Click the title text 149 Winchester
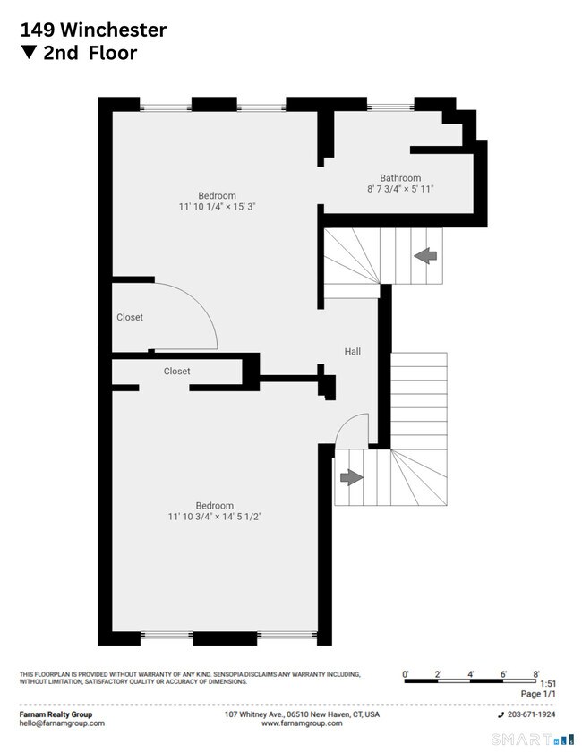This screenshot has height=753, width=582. tap(93, 30)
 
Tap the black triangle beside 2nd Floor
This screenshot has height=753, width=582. tap(29, 52)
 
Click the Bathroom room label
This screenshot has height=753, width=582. tap(400, 177)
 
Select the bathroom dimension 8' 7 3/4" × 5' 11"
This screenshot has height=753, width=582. tap(400, 189)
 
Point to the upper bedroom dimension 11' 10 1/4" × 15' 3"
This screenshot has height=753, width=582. tap(217, 207)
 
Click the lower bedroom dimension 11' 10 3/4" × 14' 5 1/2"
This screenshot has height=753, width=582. tap(215, 517)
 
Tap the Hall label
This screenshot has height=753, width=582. tap(353, 352)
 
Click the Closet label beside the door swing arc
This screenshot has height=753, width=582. tap(130, 317)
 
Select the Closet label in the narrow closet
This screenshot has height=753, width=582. tap(176, 372)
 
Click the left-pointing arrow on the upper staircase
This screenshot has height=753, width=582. tap(425, 256)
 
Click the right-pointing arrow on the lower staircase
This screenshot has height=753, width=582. tap(352, 477)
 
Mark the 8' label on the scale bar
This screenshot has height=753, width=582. tap(536, 674)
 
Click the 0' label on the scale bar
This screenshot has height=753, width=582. tap(406, 674)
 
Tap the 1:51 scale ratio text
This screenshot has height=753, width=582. tap(548, 684)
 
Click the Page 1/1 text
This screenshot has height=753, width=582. tap(538, 694)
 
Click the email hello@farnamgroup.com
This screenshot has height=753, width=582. tap(62, 723)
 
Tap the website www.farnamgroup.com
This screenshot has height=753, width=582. tap(302, 723)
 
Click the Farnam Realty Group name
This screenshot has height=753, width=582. tap(56, 714)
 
